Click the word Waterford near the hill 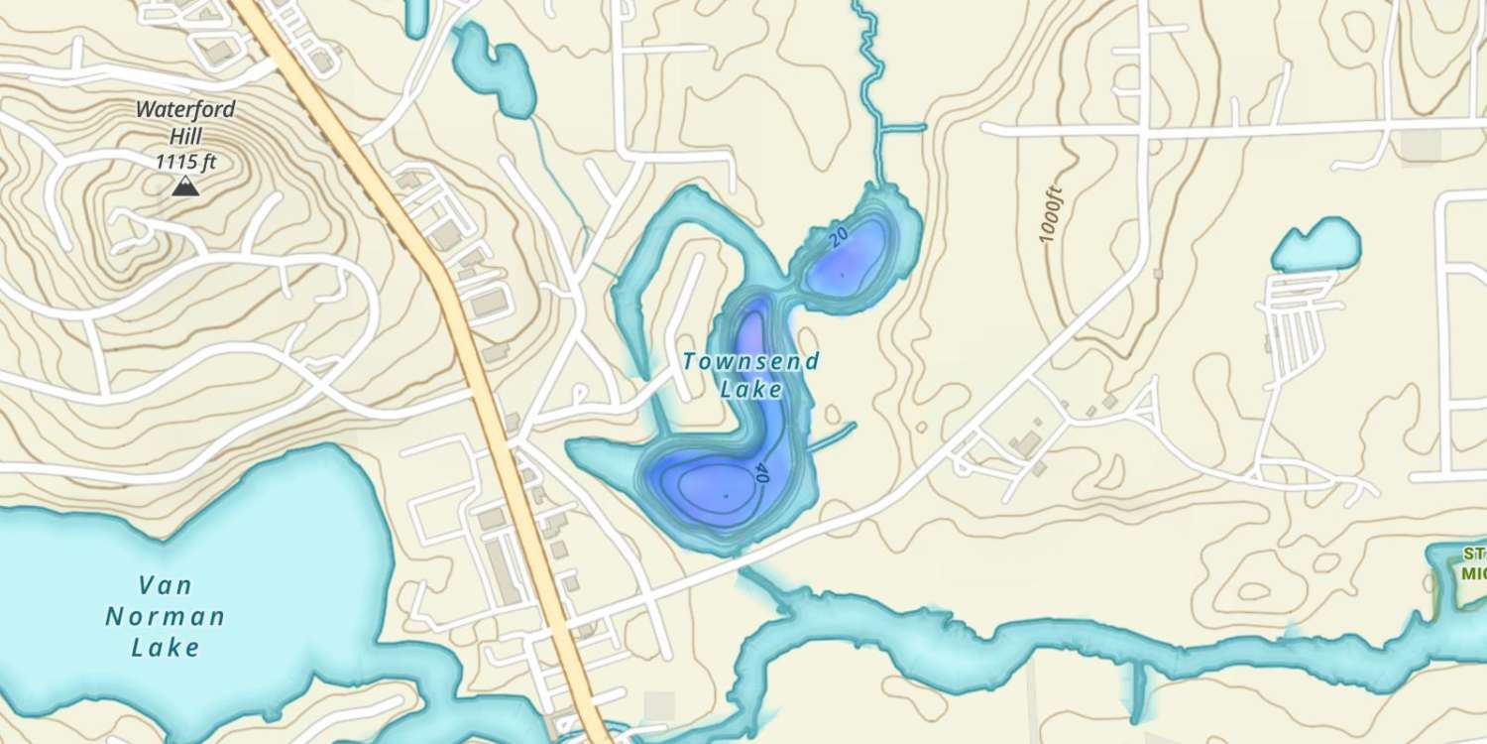point(185,109)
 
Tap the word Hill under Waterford point(185,135)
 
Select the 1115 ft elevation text point(185,161)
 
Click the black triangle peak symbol point(183,186)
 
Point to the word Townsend point(750,362)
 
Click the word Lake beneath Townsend point(750,390)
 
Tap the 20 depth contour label point(839,236)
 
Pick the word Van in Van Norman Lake point(165,584)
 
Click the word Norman point(165,617)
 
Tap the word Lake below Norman point(165,649)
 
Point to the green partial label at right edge point(1470,563)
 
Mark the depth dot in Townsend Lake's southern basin point(726,494)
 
